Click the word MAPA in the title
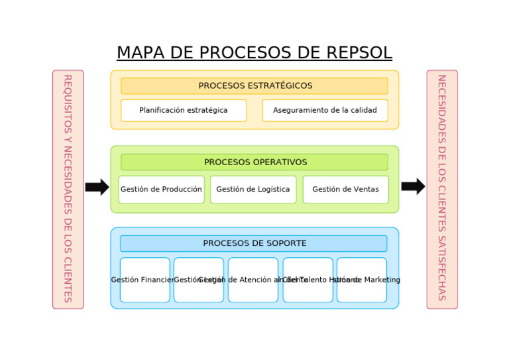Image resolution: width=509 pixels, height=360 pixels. coord(141,53)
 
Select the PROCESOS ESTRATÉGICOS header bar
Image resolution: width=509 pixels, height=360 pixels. coord(254,86)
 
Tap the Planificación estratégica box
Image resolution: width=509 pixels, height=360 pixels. coord(184,111)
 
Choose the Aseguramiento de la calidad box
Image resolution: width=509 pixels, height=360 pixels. coord(325,111)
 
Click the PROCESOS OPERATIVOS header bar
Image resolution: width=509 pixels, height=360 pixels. coord(254,162)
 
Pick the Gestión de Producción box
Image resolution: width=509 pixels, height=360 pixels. coord(161,190)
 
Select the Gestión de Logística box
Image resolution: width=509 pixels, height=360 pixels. coord(253,190)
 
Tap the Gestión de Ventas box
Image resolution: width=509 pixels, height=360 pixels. coord(345,190)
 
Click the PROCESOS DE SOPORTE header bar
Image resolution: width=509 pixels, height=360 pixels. coord(254,243)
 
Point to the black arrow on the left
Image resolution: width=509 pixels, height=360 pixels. coord(97,187)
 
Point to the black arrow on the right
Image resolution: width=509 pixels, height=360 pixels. coord(413,186)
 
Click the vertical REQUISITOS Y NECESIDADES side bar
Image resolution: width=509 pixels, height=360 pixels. coord(68,190)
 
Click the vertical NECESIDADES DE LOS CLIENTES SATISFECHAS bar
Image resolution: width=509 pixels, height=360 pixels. coord(442,190)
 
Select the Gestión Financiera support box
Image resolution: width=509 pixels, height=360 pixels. coord(144,280)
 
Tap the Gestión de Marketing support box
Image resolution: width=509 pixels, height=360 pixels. coord(362,280)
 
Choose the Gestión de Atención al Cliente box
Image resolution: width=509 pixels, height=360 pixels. coord(253,280)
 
